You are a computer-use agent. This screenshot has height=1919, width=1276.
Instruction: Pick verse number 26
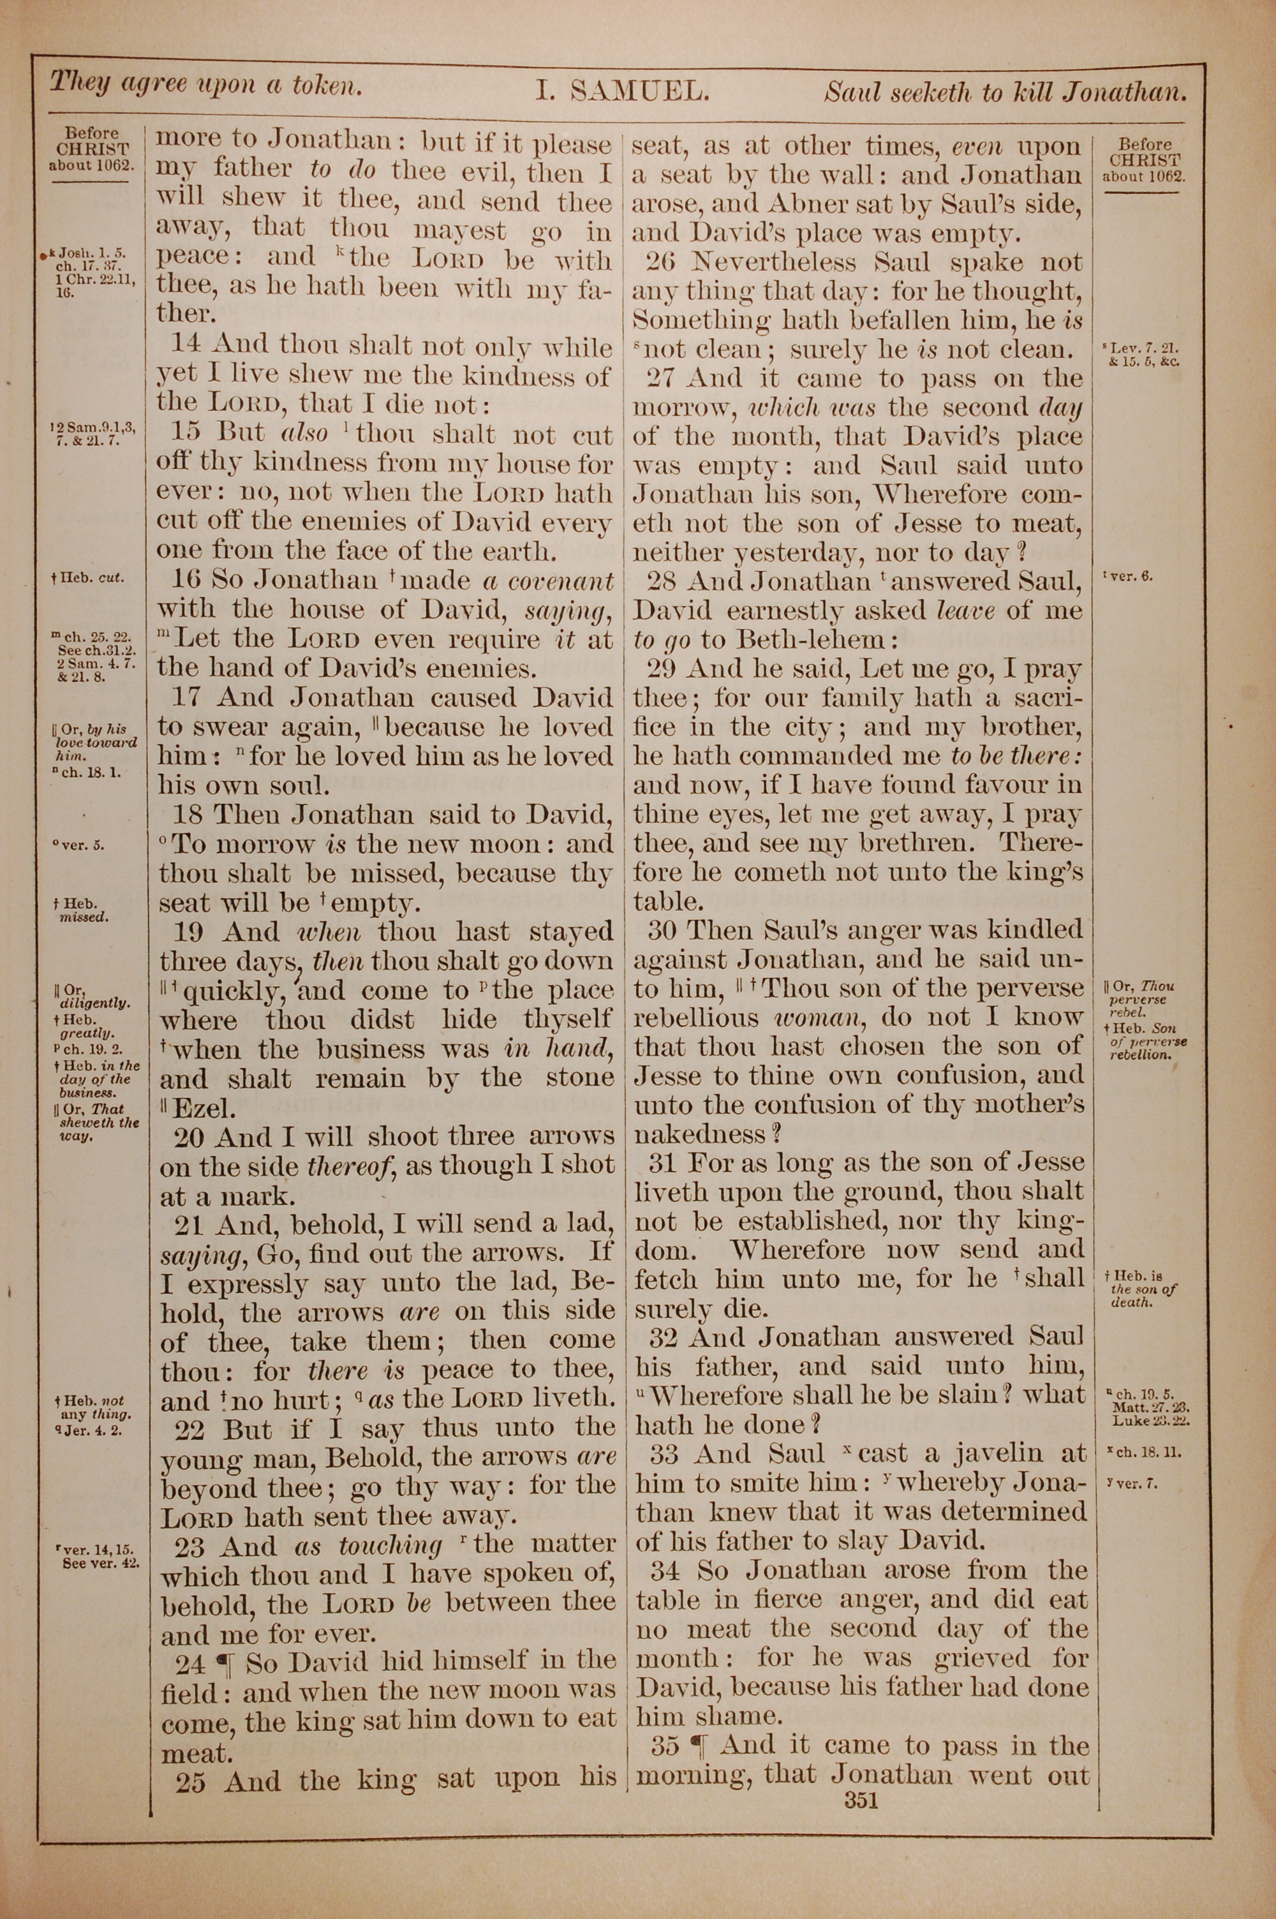pos(661,263)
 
